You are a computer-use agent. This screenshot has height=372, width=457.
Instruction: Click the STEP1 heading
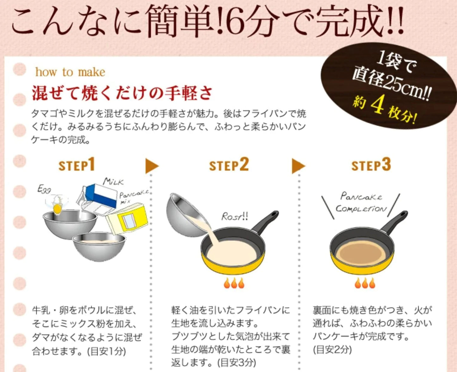[77, 165]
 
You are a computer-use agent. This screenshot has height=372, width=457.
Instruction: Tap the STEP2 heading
[229, 165]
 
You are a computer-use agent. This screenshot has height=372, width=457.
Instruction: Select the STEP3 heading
[371, 165]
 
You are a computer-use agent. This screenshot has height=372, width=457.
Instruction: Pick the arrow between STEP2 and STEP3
[298, 166]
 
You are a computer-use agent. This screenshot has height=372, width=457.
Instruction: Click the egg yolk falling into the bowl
[57, 208]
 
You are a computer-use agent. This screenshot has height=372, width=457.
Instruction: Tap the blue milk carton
[99, 198]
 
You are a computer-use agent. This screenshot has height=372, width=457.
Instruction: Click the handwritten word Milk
[113, 182]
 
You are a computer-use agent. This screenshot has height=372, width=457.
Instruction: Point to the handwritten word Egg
[44, 190]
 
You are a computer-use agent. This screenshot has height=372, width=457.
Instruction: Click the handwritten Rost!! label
[234, 216]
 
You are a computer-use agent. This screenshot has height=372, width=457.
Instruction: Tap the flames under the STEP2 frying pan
[234, 283]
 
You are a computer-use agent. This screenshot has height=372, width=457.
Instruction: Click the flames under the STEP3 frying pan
[365, 283]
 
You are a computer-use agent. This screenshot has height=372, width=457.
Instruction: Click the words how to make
[70, 72]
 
